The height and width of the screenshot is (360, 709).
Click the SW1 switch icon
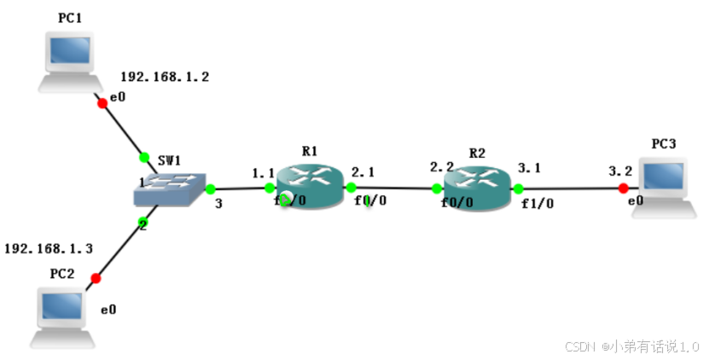[171, 189]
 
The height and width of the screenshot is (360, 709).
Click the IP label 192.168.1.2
[165, 77]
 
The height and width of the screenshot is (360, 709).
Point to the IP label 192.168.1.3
[49, 248]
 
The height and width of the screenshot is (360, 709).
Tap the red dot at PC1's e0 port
[102, 103]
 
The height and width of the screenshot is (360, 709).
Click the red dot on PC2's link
[96, 278]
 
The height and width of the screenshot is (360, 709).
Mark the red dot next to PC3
[624, 189]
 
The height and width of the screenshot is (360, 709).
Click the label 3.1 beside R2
[530, 168]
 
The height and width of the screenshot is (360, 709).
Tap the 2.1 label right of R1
[363, 171]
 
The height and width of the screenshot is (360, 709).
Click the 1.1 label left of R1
[264, 173]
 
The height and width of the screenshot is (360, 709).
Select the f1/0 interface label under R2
[538, 203]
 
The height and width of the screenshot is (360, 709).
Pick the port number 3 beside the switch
[218, 204]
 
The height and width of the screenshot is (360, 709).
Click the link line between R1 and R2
[393, 188]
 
